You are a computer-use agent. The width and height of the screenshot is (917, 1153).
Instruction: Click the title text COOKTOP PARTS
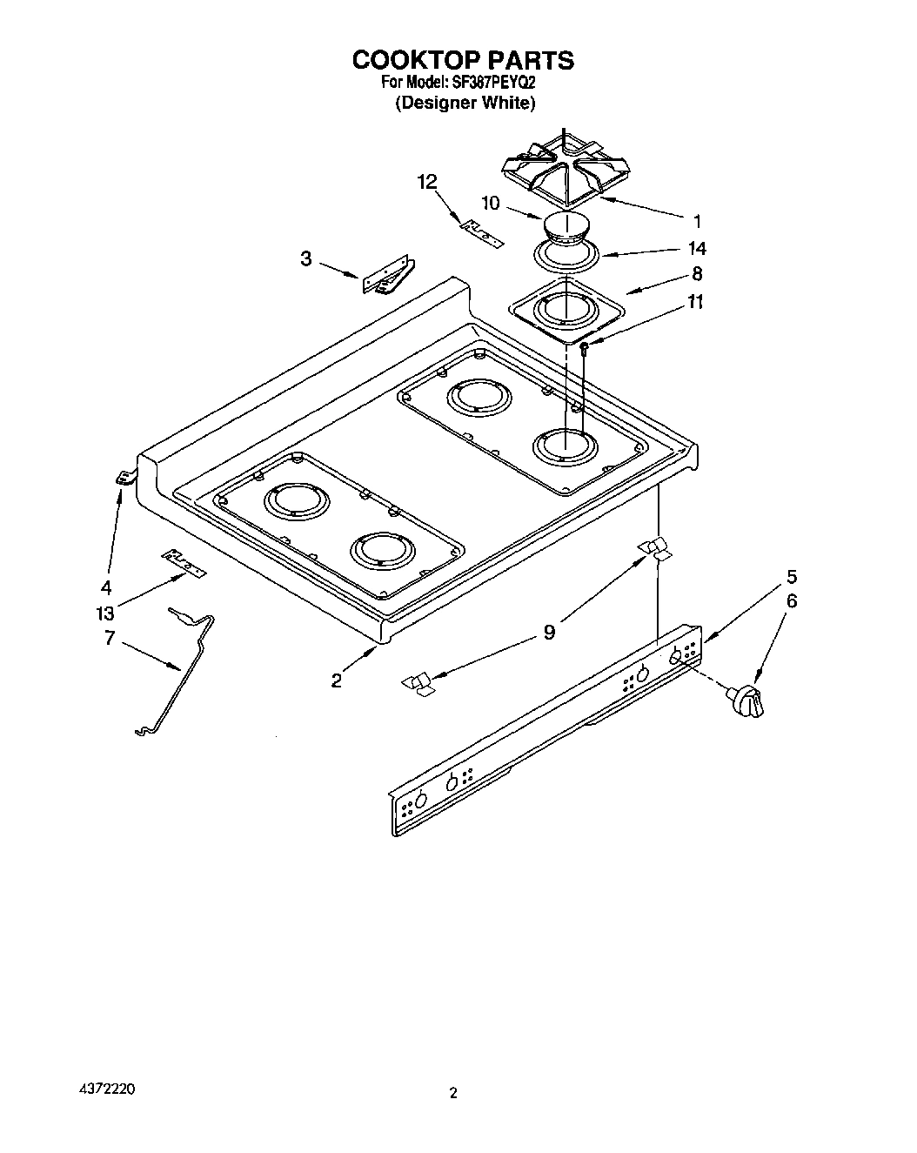462,60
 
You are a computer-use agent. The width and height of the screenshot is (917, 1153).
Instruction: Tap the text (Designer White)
464,103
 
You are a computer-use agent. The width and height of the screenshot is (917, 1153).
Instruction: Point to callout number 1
696,221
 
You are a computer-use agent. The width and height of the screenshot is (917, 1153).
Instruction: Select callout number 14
696,248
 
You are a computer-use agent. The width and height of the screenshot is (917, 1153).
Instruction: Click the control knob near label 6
747,701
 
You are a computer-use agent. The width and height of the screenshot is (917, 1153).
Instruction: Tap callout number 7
109,638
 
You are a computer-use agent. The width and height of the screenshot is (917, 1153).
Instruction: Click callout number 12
426,182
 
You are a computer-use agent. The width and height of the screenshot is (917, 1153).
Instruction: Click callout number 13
105,613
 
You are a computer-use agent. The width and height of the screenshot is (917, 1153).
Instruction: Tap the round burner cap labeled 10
566,230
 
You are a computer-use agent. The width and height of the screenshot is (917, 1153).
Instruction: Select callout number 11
695,302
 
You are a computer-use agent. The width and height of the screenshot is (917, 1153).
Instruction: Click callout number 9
549,632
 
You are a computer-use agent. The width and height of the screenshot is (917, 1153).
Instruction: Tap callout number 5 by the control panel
792,576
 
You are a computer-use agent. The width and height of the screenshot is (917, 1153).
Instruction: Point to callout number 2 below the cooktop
337,680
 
